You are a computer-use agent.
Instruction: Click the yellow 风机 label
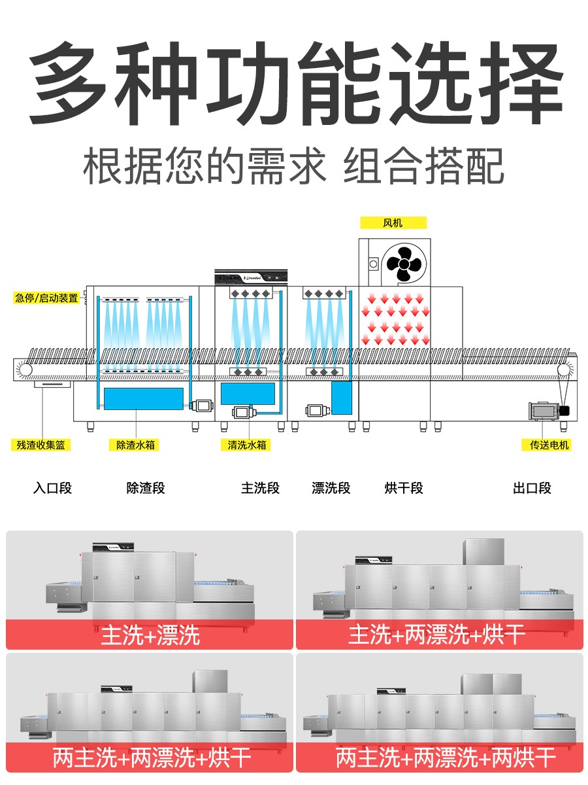[x=393, y=223]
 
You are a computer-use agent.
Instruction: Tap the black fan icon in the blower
[x=403, y=264]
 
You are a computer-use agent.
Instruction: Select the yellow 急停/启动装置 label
[x=46, y=298]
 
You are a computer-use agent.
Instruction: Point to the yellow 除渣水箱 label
[x=137, y=445]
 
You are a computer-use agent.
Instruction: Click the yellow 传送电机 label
[x=549, y=445]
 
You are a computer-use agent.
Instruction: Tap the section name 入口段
[x=52, y=488]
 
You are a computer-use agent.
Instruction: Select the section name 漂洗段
[x=331, y=488]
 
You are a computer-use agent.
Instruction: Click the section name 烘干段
[x=404, y=488]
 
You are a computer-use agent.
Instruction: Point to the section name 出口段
[x=532, y=488]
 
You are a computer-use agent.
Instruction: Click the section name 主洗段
[x=260, y=488]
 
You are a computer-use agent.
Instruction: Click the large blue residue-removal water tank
[x=143, y=398]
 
